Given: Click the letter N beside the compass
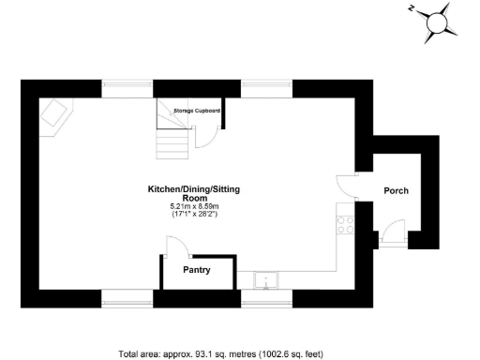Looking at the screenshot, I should (412, 8).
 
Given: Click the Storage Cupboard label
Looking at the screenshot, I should (197, 111).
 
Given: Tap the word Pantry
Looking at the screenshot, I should (196, 271).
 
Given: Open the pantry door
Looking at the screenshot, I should (175, 246).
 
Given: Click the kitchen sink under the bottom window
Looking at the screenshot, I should (268, 278).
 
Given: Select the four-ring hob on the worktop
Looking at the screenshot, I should (345, 224).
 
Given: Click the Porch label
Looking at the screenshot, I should (396, 190).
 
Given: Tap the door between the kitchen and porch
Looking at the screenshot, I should (347, 184).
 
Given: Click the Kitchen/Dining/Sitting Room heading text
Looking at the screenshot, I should (194, 193).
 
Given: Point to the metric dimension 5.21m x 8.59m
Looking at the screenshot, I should (194, 206).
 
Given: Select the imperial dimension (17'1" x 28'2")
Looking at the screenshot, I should (194, 215).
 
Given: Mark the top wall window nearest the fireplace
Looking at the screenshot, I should (127, 89).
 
